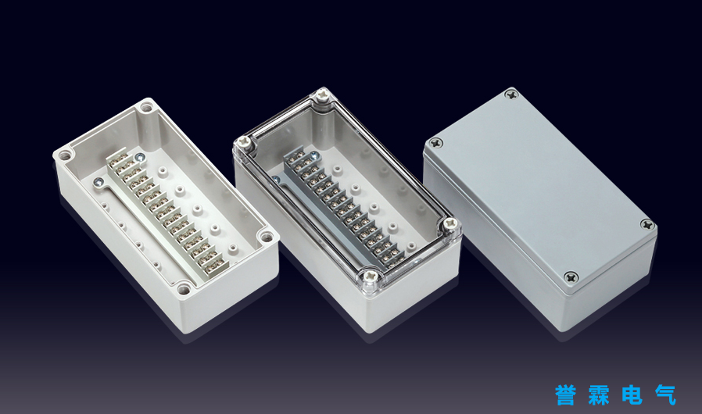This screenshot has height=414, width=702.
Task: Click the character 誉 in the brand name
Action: (x=566, y=394)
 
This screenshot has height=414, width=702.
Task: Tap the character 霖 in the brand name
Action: (x=599, y=394)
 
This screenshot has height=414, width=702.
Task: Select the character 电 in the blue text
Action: (x=632, y=394)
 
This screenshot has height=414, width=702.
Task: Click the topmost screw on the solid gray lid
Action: (x=511, y=95)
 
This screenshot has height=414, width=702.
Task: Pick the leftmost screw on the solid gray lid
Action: (x=436, y=143)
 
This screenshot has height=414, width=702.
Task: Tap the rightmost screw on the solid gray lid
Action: (x=647, y=224)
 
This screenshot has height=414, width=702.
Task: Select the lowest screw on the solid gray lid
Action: (x=571, y=277)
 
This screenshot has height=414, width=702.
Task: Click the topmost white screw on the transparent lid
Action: (x=322, y=95)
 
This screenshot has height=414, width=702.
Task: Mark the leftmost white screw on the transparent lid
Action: (x=245, y=144)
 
